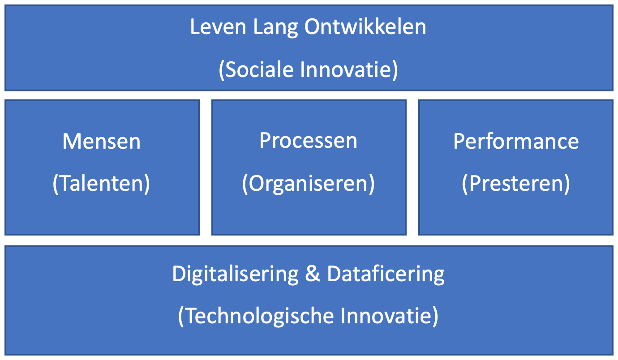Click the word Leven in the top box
point(218,27)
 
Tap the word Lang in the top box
point(275,28)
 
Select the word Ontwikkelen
point(365,27)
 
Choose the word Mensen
point(102,141)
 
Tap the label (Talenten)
point(101,184)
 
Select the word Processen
point(308,141)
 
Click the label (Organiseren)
point(308,184)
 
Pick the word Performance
point(516,141)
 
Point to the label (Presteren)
point(515,184)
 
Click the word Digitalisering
point(236,274)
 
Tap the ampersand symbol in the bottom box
point(313,274)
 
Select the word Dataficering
point(386,274)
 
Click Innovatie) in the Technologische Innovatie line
point(389,316)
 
